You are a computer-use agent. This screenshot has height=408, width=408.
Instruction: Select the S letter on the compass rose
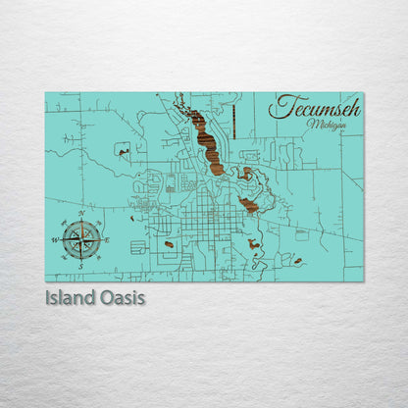pyautogui.click(x=81, y=266)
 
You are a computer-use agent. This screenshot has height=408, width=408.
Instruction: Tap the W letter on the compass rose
pyautogui.click(x=54, y=238)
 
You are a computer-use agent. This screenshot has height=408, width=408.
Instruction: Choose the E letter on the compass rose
pyautogui.click(x=107, y=238)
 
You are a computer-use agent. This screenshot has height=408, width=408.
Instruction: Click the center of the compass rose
pyautogui.click(x=81, y=237)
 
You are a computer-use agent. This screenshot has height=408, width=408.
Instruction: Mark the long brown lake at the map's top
pyautogui.click(x=206, y=137)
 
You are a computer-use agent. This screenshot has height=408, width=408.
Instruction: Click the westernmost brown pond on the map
pyautogui.click(x=122, y=149)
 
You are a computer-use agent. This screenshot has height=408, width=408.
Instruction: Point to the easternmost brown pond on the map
pyautogui.click(x=297, y=261)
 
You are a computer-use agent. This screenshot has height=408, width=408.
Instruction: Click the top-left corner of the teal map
pyautogui.click(x=46, y=93)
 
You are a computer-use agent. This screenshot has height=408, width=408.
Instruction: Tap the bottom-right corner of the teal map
pyautogui.click(x=362, y=280)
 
